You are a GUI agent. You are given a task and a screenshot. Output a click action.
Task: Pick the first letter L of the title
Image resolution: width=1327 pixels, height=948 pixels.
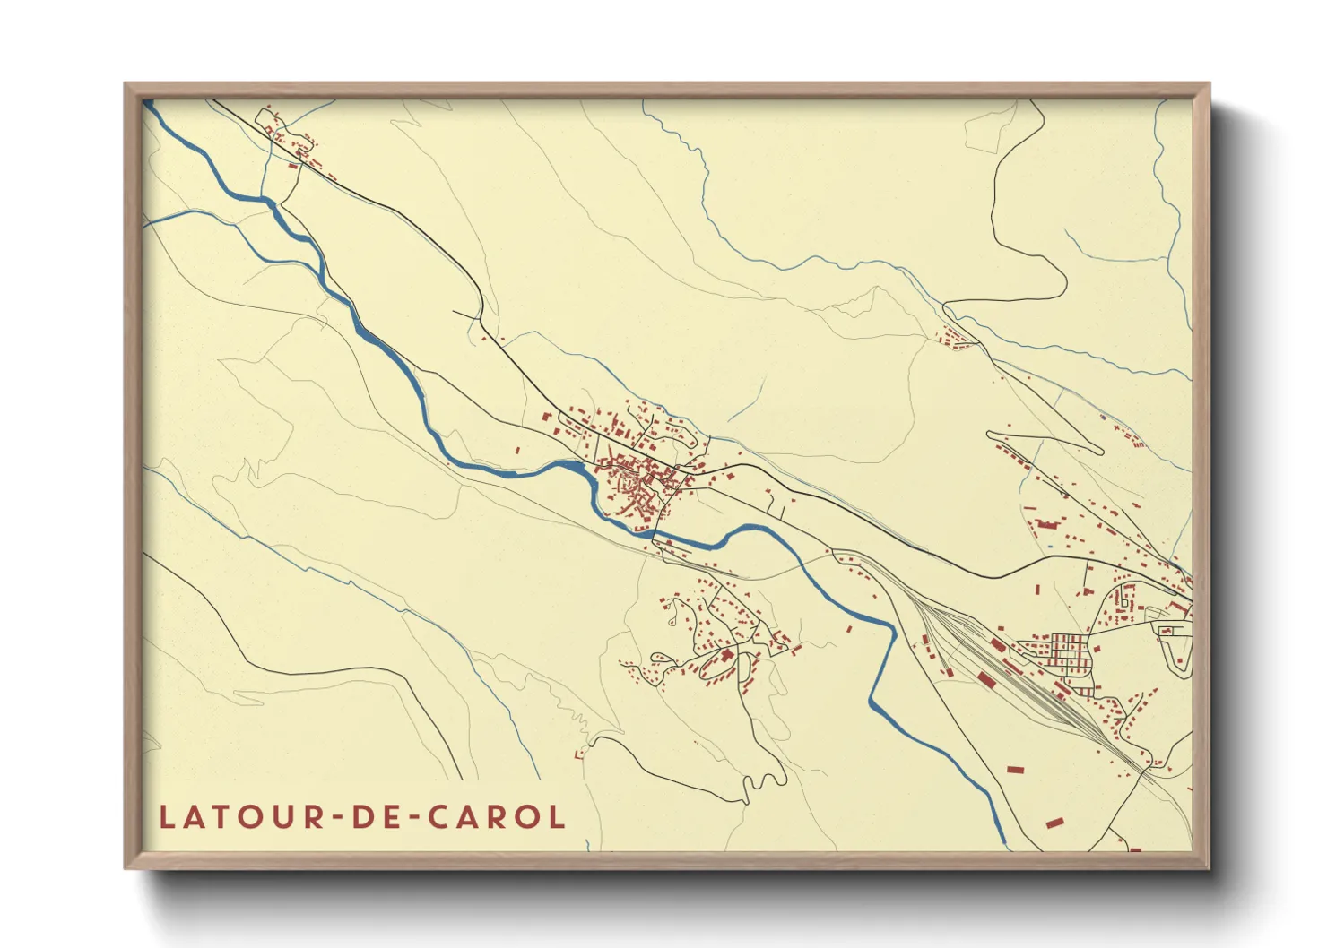[x=167, y=817]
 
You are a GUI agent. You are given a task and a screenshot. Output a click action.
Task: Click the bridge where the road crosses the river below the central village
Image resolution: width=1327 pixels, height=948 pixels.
[x=655, y=535]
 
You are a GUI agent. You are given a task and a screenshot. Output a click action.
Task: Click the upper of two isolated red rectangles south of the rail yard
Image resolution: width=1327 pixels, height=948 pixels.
[x=1015, y=769]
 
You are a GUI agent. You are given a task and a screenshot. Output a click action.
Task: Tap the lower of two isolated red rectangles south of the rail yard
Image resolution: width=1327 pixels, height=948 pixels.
[x=1054, y=821]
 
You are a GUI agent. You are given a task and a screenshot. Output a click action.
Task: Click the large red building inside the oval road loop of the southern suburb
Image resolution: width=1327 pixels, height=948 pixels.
[x=726, y=657]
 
